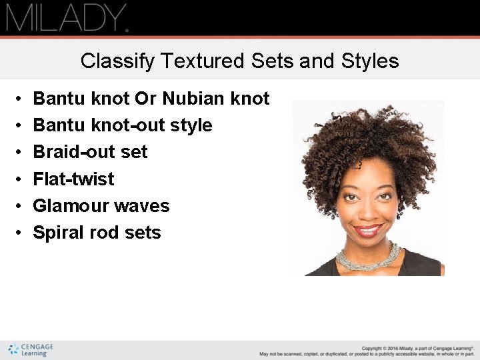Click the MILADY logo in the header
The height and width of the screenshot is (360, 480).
[x=67, y=18]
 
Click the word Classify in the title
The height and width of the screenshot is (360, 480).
[x=107, y=61]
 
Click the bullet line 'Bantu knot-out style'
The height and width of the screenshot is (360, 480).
[x=123, y=125]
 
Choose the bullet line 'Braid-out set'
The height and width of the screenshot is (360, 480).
[x=90, y=152]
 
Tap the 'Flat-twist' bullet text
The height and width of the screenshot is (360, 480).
[x=73, y=179]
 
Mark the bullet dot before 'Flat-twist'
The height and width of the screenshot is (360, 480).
[x=19, y=179]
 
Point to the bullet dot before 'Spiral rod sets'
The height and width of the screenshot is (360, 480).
[x=19, y=233]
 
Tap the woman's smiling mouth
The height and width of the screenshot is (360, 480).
[x=367, y=231]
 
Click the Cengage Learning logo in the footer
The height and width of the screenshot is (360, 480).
[x=31, y=350]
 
